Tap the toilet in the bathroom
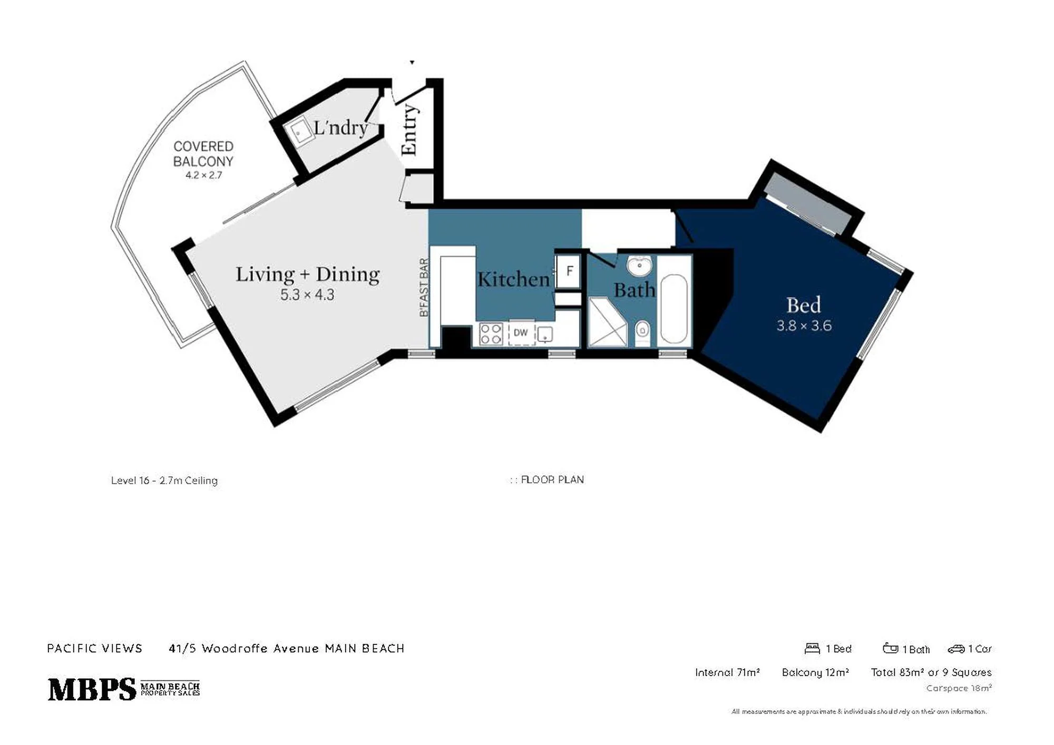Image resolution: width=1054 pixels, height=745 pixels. (642, 331)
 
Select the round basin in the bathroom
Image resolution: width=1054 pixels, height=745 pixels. (640, 265)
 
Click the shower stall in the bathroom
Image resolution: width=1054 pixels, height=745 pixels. (608, 322)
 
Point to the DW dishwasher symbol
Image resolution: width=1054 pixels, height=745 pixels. (521, 333)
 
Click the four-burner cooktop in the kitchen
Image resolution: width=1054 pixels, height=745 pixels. (491, 334)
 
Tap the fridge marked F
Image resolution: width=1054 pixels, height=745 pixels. (569, 271)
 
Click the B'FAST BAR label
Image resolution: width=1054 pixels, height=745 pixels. (424, 288)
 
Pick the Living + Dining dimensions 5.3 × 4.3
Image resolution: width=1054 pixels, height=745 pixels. (307, 295)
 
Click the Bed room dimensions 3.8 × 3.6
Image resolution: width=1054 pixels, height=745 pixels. (804, 326)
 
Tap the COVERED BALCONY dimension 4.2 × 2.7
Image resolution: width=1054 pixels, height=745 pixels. (203, 175)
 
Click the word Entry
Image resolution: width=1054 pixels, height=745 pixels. (409, 130)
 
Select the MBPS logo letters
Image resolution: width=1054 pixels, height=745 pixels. (92, 689)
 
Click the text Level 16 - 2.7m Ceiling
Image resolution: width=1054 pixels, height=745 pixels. (164, 481)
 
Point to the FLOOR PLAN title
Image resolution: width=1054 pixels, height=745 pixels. (552, 479)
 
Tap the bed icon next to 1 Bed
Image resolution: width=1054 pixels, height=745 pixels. (812, 648)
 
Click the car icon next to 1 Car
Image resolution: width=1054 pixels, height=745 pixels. (956, 649)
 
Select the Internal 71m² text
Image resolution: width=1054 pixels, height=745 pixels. (727, 672)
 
